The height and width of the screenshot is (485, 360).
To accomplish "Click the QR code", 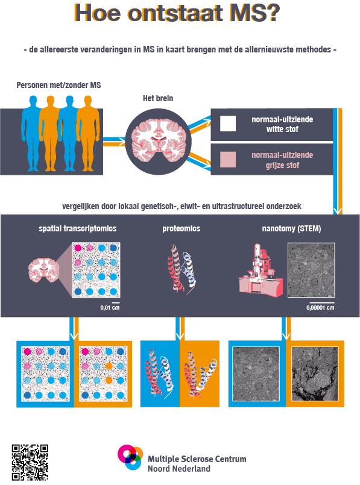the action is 30,463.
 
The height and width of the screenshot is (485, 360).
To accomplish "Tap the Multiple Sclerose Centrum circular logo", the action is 130,457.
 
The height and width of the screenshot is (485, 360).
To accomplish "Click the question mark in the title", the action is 273,13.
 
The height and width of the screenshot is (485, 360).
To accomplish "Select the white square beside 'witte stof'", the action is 228,124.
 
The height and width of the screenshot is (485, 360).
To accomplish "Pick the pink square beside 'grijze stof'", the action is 228,160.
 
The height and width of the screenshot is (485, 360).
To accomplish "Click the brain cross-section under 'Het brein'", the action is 159,141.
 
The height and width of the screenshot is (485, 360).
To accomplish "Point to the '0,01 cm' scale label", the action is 110,308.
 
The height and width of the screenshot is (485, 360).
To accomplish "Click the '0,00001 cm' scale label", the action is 320,308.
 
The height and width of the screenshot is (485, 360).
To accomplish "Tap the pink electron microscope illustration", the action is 261,271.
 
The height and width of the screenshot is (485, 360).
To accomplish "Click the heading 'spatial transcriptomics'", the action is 78,228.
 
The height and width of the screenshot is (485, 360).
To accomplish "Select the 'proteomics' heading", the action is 182,228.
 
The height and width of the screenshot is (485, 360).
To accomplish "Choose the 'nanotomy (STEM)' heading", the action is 291,228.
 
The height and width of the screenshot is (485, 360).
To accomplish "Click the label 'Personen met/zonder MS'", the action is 58,85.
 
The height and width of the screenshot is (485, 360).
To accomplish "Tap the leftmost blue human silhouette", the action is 32,133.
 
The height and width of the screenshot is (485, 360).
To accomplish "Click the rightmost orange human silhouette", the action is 88,133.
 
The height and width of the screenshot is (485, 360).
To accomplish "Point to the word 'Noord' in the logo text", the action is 159,469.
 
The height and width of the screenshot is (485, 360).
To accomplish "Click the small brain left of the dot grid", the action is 43,270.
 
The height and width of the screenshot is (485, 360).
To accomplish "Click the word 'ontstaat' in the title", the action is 175,13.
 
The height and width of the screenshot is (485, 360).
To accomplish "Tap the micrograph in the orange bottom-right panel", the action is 315,374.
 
